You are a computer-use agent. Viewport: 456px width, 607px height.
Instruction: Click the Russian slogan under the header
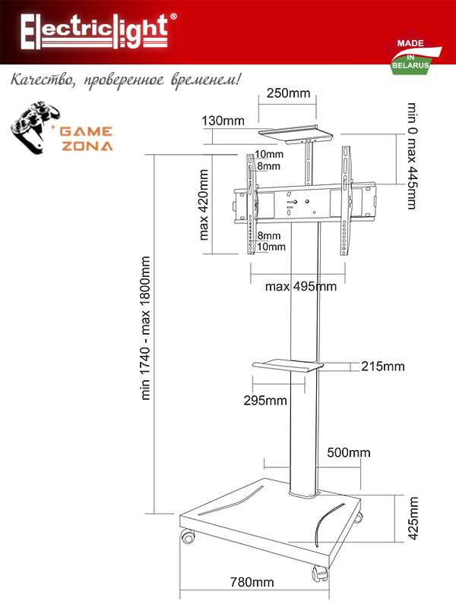click(x=126, y=80)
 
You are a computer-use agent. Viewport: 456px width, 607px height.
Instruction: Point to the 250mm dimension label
click(x=289, y=93)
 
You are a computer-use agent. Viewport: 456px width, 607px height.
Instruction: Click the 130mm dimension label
click(x=223, y=121)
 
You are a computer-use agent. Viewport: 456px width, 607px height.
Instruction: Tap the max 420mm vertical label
click(x=204, y=204)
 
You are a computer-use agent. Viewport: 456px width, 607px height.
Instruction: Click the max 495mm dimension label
click(x=301, y=287)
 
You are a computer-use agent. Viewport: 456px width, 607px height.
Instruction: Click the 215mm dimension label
click(x=383, y=366)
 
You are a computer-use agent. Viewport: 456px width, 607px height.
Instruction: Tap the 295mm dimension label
click(x=265, y=400)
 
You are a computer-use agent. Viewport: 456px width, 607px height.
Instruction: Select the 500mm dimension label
click(x=349, y=453)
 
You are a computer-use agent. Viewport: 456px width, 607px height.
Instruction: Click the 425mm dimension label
click(x=413, y=518)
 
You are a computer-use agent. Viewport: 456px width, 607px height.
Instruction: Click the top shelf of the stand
click(x=296, y=134)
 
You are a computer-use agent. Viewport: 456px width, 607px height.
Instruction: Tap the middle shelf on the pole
click(x=287, y=367)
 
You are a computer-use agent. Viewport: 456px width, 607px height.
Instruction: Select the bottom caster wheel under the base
click(x=315, y=574)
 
